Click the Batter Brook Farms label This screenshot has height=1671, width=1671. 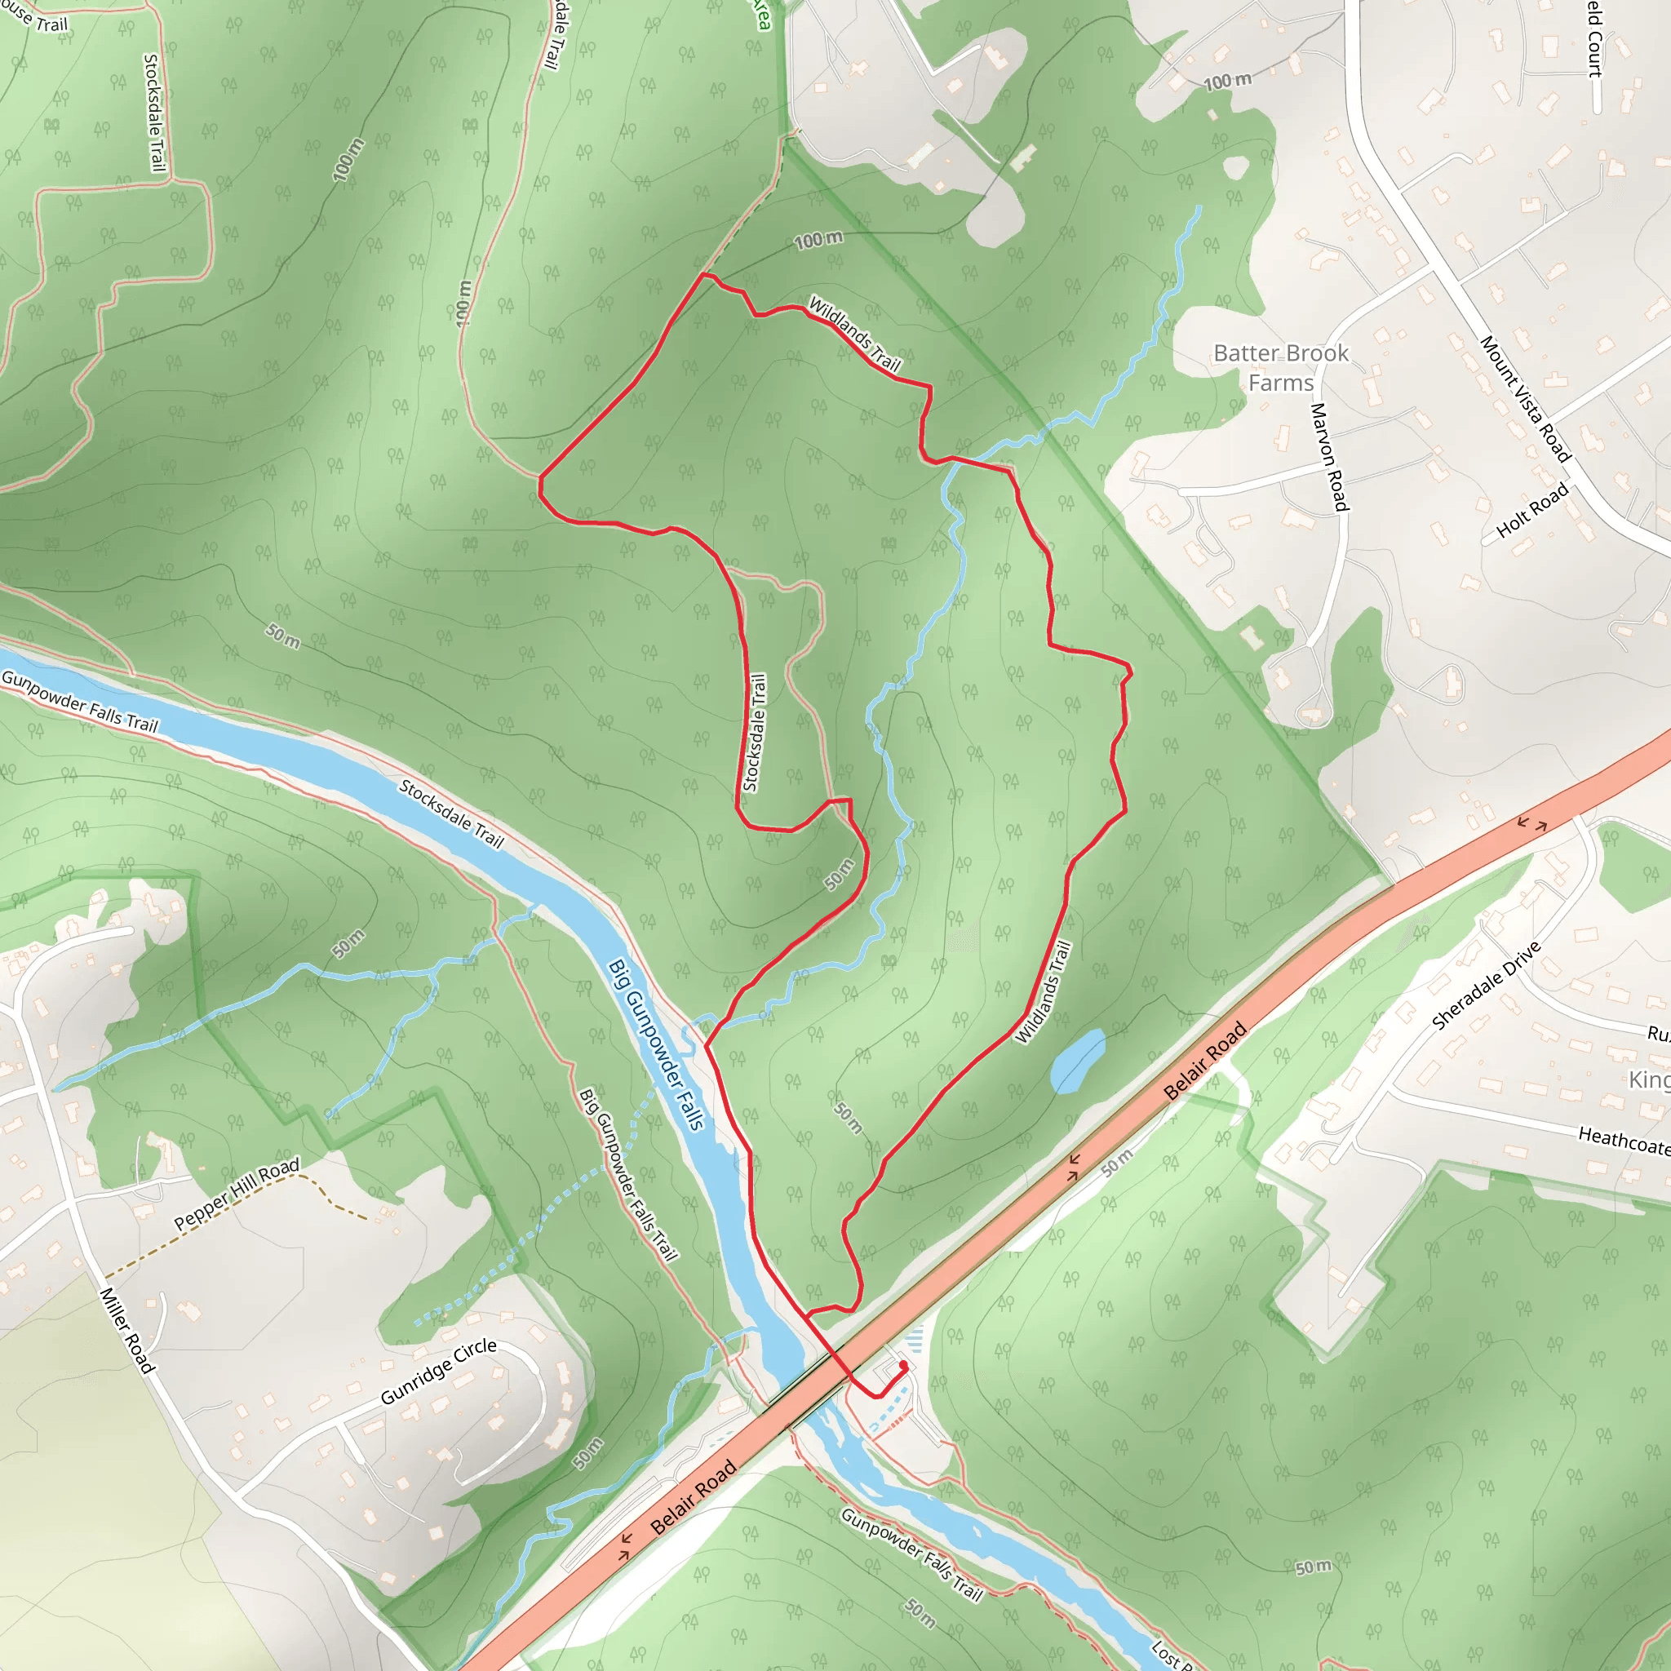point(1280,368)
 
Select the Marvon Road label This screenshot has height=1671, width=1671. point(1329,457)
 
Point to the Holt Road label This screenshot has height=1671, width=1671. point(1531,510)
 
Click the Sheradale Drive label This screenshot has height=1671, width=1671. point(1486,985)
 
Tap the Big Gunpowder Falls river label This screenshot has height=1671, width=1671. point(656,1044)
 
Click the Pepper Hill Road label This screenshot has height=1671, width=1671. point(236,1194)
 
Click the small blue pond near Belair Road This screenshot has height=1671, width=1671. point(1077,1062)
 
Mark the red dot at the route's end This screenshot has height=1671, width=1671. point(903,1366)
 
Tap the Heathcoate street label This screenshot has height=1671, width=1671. point(1624,1140)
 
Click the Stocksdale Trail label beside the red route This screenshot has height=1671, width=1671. point(754,733)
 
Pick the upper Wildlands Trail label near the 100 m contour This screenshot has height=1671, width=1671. point(853,334)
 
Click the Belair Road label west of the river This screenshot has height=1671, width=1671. point(694,1496)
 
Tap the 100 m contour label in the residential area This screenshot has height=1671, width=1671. point(1227,82)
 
